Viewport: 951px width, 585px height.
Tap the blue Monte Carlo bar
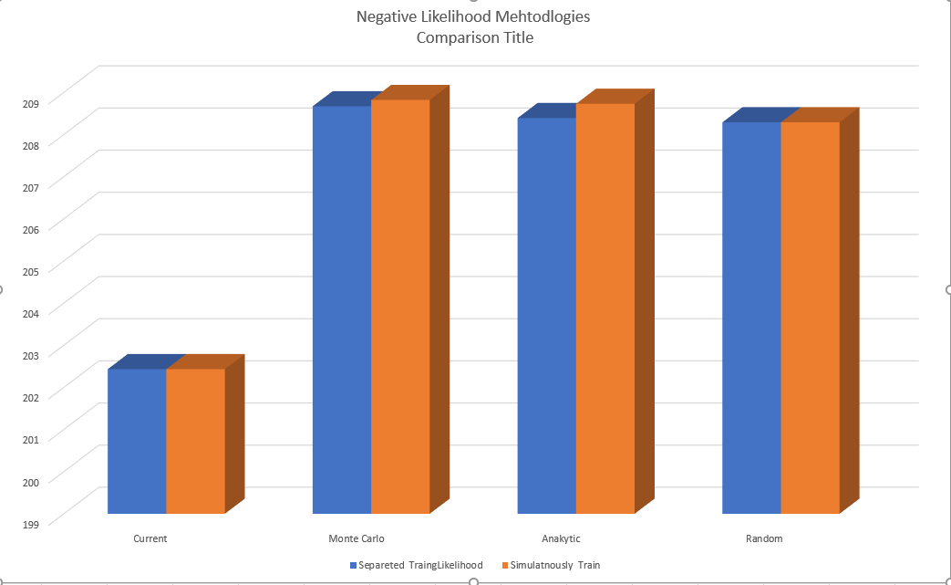click(x=342, y=310)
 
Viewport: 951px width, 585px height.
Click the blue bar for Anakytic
click(x=547, y=316)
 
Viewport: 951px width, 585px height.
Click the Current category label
click(x=150, y=538)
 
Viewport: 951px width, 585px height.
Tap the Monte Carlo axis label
click(x=356, y=538)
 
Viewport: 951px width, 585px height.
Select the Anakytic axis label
click(x=560, y=538)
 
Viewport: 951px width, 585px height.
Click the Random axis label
click(x=764, y=538)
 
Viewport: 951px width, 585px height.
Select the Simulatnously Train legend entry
click(x=554, y=565)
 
